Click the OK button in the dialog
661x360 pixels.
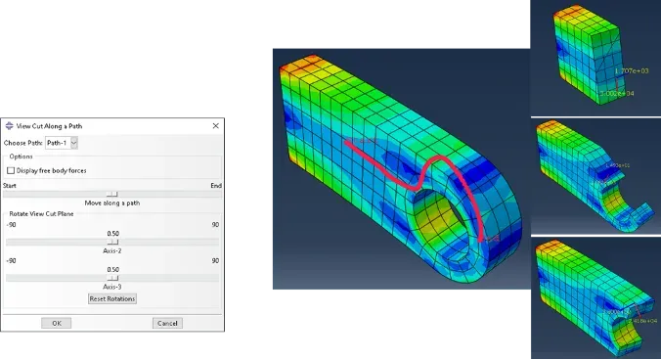[56, 323]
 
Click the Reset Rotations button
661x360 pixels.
[112, 298]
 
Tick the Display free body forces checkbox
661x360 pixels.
[11, 170]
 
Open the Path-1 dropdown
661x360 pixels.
[62, 143]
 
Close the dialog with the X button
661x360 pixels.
[215, 125]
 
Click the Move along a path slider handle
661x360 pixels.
[112, 194]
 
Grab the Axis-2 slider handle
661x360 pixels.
[112, 242]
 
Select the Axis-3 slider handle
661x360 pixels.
[112, 278]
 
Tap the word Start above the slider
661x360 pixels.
[10, 185]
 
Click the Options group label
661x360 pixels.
[22, 157]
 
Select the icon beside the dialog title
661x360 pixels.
[10, 125]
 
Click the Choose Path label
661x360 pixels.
[22, 143]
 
